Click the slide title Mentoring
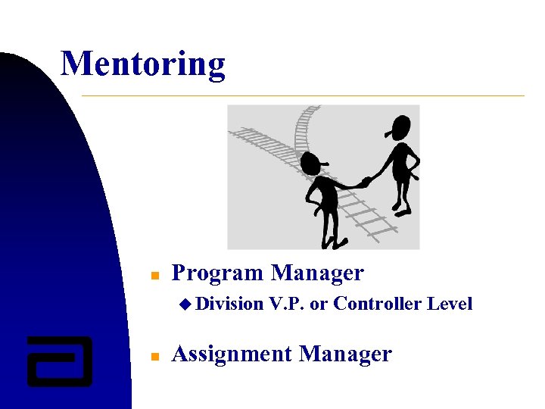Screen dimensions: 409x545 tap(142, 64)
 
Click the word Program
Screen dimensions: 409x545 tap(218, 273)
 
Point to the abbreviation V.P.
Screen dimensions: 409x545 tap(286, 304)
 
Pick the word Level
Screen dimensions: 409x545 tap(450, 304)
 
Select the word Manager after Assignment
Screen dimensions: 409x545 tap(345, 354)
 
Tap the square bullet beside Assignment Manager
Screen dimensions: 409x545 tap(153, 355)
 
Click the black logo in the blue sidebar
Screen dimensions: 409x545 tap(59, 361)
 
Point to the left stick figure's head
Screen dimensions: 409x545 tap(311, 162)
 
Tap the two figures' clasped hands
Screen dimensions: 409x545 tap(364, 183)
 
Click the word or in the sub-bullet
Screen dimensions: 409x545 tap(318, 304)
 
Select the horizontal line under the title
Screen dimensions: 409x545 tap(303, 96)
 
